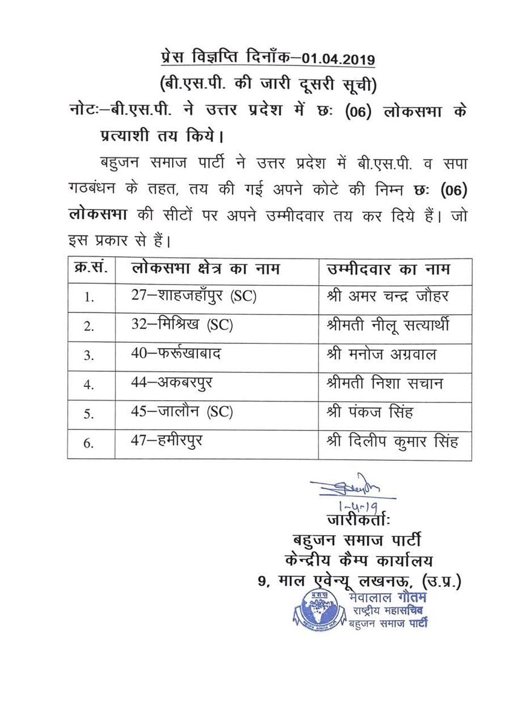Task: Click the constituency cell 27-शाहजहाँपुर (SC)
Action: tap(194, 297)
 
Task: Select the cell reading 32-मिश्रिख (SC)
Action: tap(182, 325)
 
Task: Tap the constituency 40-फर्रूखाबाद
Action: tap(176, 354)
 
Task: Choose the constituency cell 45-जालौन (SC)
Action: tap(182, 412)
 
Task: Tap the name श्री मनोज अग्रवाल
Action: tap(380, 354)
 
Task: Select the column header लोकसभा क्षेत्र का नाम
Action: tap(206, 269)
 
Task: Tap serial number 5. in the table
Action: tap(89, 414)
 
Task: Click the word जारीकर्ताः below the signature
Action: tap(357, 520)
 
